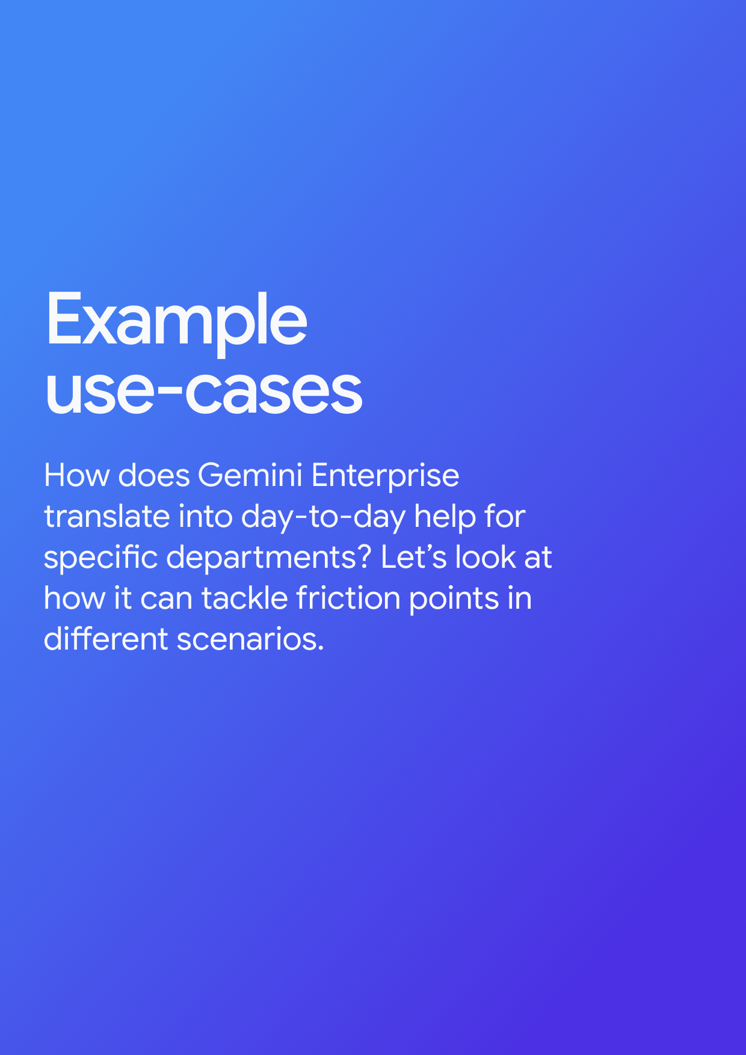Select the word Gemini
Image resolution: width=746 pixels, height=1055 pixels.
pyautogui.click(x=250, y=476)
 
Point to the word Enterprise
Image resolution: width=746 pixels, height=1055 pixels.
pyautogui.click(x=385, y=477)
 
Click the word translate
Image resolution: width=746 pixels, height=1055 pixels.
pyautogui.click(x=106, y=517)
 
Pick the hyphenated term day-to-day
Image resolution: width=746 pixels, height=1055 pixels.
pyautogui.click(x=323, y=518)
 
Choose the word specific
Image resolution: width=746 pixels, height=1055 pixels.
pyautogui.click(x=100, y=558)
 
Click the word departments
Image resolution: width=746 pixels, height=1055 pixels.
pyautogui.click(x=261, y=558)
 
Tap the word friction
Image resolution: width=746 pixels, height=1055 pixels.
pyautogui.click(x=348, y=598)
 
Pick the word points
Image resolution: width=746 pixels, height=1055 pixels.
pyautogui.click(x=454, y=600)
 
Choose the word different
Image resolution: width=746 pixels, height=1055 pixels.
pyautogui.click(x=105, y=639)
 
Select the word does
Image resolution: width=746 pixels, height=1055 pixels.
pyautogui.click(x=154, y=476)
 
